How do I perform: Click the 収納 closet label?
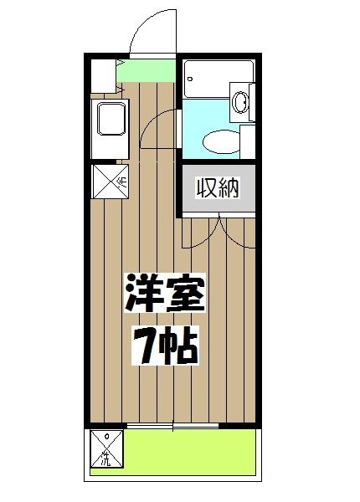click(x=219, y=188)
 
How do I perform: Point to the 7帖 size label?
click(x=165, y=345)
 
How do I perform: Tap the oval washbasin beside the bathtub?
click(x=242, y=103)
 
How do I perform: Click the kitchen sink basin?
click(x=111, y=121)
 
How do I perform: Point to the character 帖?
click(x=180, y=345)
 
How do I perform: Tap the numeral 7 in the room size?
click(x=144, y=345)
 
